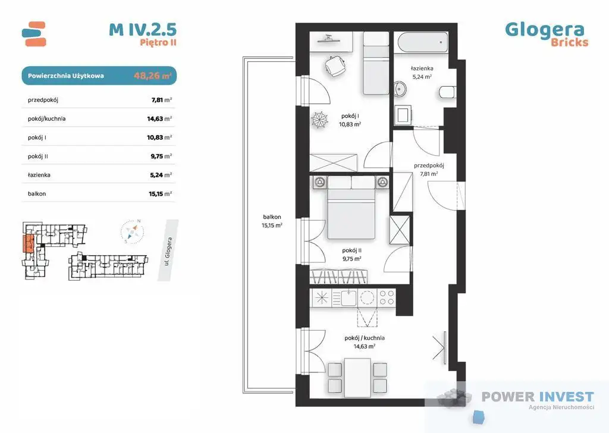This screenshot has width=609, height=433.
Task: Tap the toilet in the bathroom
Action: coord(447,93)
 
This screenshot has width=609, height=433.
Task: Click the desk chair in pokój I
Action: coord(335,67)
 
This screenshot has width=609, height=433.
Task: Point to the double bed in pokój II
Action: coord(351,208)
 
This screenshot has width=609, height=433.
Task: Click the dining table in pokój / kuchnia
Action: coord(357,378)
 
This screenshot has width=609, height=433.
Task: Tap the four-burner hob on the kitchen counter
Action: coord(387,298)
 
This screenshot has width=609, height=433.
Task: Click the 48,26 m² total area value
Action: coord(152,76)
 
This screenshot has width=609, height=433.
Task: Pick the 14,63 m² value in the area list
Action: coord(159,119)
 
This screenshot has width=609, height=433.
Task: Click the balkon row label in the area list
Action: coord(37,194)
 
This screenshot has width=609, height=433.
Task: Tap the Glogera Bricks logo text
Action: coord(547,34)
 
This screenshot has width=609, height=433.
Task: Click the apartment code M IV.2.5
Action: coord(143,30)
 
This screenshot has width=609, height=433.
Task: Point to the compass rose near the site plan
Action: coord(132,232)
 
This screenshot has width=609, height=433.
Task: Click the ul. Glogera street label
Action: coord(168,251)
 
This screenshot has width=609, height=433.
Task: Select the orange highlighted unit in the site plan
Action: coord(29,244)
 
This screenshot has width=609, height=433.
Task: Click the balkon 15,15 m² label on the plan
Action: coord(272,221)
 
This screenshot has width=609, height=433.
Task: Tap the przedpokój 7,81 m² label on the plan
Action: coord(429,170)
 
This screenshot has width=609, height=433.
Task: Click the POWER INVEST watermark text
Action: coord(538,397)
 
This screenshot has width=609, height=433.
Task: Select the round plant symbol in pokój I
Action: coord(320,119)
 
